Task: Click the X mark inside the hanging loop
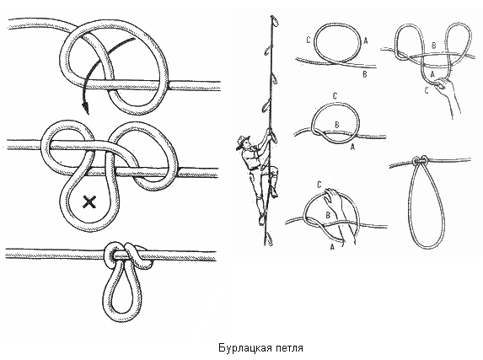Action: (x=89, y=202)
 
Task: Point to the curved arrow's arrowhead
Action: (x=86, y=109)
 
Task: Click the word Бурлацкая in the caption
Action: (x=245, y=347)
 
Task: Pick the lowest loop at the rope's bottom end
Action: (x=269, y=239)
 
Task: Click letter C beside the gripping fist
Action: (x=427, y=91)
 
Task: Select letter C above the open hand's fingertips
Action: (x=319, y=185)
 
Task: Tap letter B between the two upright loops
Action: (x=434, y=46)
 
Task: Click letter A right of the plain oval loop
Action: (x=366, y=40)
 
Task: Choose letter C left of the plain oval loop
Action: (x=309, y=40)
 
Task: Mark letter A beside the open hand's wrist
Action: (x=332, y=246)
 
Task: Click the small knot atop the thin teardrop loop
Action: (x=420, y=160)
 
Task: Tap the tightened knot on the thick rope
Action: (x=128, y=255)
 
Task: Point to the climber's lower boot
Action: (x=262, y=218)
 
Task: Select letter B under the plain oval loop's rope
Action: (x=365, y=74)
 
